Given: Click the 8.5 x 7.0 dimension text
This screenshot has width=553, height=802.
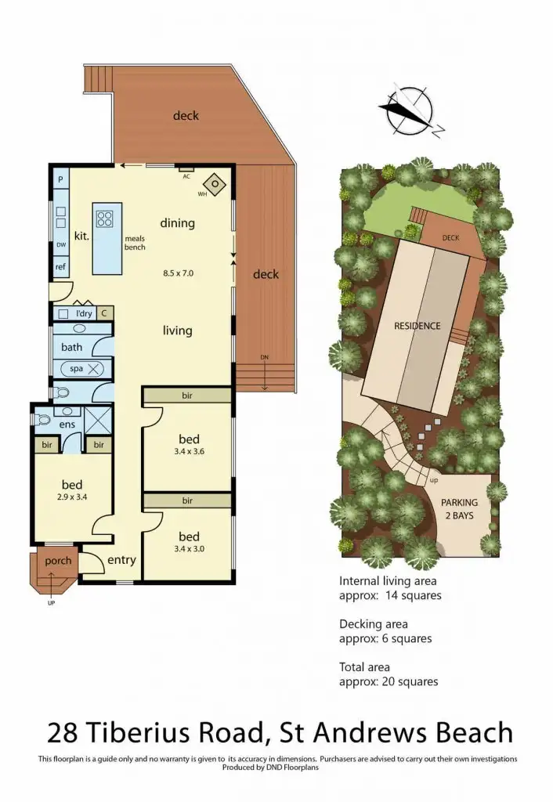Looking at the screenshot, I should [178, 273].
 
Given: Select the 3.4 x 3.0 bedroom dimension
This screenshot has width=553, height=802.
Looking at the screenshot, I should [189, 548].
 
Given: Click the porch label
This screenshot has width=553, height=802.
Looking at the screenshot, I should [58, 560].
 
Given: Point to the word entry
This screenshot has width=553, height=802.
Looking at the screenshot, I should [121, 559].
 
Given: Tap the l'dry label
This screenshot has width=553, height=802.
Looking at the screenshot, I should [84, 313].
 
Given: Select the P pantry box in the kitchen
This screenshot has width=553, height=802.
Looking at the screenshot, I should [60, 179].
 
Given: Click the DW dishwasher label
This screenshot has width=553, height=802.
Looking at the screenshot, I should [60, 245].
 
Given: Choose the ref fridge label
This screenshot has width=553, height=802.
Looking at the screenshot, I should [60, 267].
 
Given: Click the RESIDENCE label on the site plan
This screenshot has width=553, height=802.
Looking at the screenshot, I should [417, 325].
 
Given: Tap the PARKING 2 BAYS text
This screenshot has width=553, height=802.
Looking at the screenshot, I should [458, 509].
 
